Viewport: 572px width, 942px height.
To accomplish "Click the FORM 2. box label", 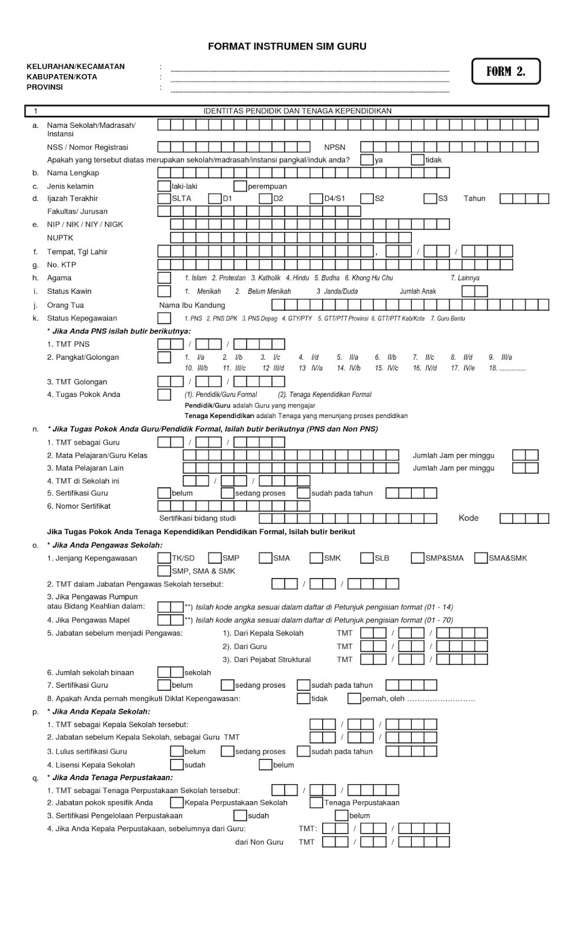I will coord(505,71).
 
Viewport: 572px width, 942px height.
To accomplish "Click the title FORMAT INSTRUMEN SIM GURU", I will coord(287,47).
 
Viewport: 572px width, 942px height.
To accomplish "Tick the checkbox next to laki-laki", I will coord(164,186).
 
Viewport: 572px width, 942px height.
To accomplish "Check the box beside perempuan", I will coord(240,186).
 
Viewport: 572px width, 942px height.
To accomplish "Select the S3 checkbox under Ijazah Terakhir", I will coord(430,198).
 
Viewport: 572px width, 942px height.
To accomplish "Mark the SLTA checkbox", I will coord(164,198).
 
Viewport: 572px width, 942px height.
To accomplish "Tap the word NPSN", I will coord(335,147).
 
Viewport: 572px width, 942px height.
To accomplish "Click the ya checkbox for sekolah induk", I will coord(367,160).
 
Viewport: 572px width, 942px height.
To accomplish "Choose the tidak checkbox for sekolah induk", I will coord(418,160).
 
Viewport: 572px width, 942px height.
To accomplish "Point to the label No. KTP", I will coord(61,265).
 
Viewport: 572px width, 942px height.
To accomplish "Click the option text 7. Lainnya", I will coord(465,278).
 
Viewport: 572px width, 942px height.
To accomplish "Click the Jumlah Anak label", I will coord(418,291).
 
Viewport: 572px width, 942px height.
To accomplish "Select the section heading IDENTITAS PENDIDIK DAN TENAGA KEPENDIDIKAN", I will coord(297,111).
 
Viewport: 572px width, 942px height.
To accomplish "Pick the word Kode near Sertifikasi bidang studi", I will coord(468,518).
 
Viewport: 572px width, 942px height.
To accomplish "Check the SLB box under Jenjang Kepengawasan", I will coord(367,558).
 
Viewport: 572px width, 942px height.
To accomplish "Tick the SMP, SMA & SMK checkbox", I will coord(164,570).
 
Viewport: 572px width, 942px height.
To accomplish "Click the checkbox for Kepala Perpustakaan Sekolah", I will coord(177,802).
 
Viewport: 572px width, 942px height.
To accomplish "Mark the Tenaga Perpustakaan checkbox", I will coord(316,802).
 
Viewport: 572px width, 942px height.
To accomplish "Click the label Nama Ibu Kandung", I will coord(192,305).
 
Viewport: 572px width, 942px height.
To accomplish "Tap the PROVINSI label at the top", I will coord(44,87).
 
